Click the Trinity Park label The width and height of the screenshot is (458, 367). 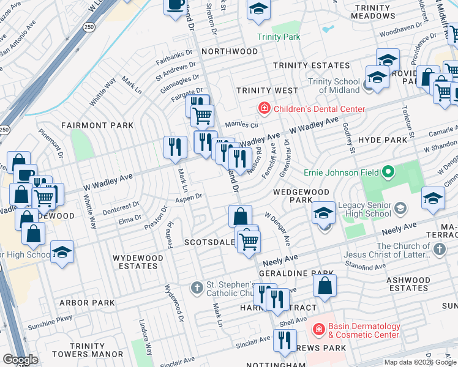[x=279, y=37]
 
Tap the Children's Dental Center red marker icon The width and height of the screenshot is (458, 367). [x=264, y=109]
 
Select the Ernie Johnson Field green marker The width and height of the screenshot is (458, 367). [x=387, y=173]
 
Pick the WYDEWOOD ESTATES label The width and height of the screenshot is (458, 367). [x=138, y=262]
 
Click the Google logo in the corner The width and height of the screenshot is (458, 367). [x=20, y=360]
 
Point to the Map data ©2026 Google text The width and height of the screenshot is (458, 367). [x=419, y=362]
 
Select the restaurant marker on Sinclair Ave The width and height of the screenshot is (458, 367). [x=284, y=340]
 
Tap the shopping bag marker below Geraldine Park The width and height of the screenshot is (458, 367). [x=325, y=285]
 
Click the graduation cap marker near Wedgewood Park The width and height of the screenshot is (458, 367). [x=323, y=213]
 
